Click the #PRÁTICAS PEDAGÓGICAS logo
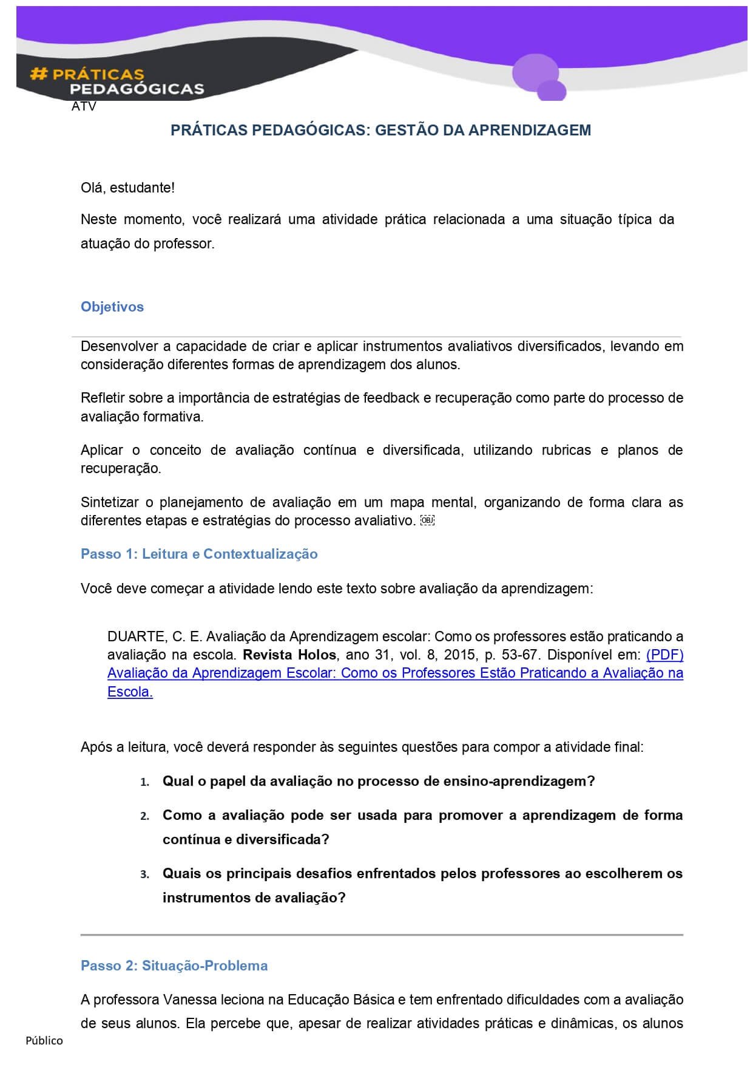tap(116, 81)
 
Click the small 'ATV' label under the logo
tap(84, 107)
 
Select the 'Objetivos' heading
tap(112, 307)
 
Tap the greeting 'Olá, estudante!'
tap(127, 188)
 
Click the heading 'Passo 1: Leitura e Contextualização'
tap(199, 554)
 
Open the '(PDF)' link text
tap(665, 655)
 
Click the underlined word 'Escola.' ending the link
tap(130, 692)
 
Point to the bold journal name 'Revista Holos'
tap(289, 655)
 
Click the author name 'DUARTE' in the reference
tap(137, 636)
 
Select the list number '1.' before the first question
tap(144, 782)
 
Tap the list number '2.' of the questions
tap(144, 816)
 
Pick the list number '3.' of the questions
tap(144, 874)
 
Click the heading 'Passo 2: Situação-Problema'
tap(174, 966)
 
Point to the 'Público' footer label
tap(44, 1040)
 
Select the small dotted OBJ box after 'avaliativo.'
tap(427, 520)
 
